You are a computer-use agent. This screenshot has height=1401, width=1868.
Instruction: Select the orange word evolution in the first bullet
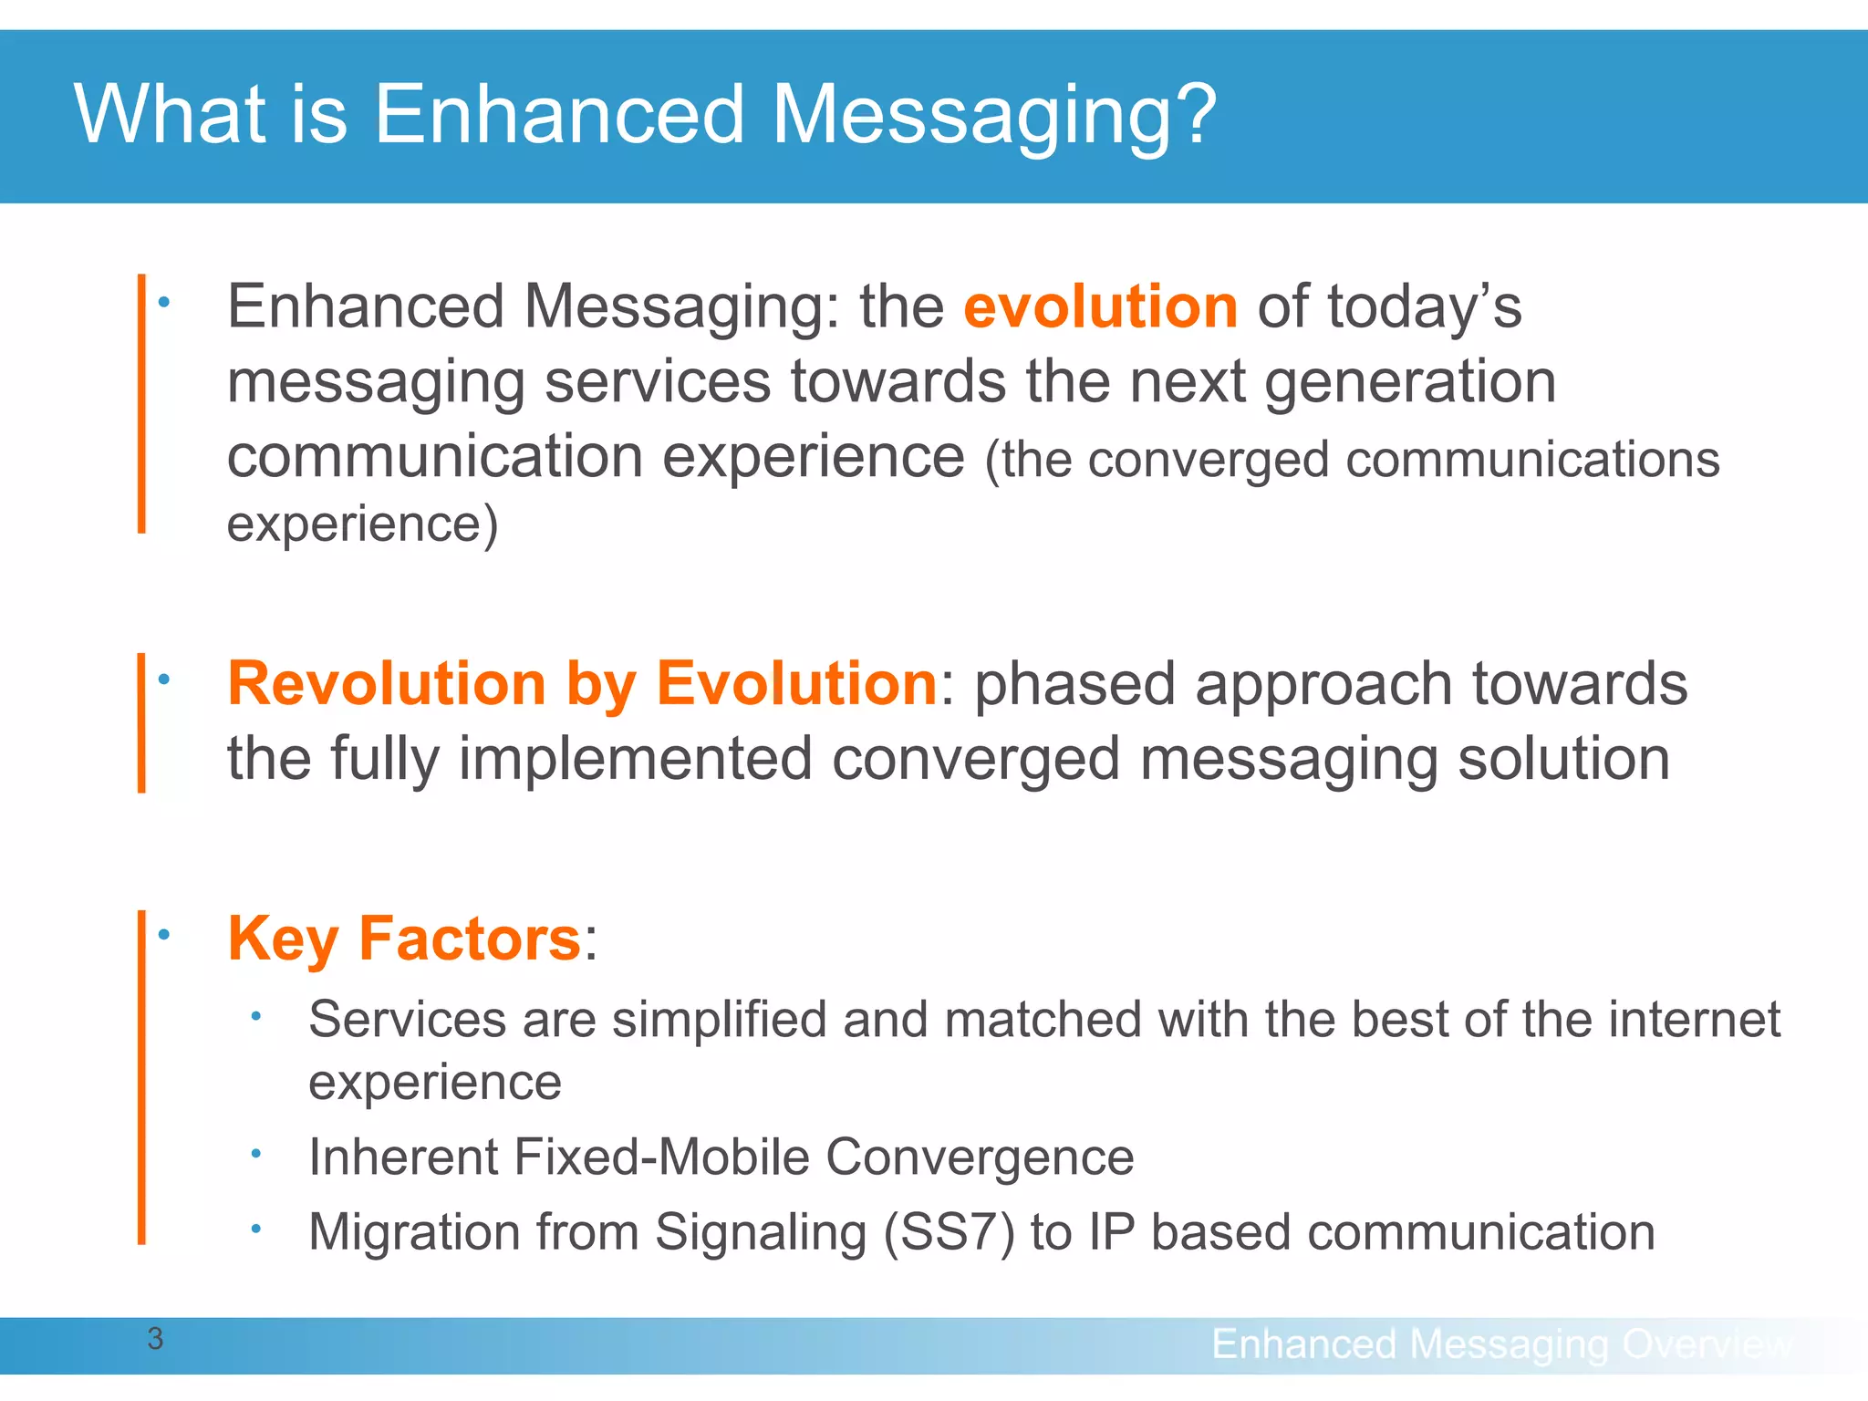click(x=1100, y=306)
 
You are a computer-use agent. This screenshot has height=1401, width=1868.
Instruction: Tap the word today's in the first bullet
click(x=1424, y=306)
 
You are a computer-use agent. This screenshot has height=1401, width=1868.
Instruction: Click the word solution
click(x=1563, y=759)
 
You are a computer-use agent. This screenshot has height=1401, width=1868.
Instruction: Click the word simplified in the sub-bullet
click(x=719, y=1019)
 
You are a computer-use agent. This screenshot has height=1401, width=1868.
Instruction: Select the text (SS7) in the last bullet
click(x=949, y=1233)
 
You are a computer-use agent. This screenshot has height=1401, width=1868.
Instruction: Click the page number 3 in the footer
click(x=155, y=1339)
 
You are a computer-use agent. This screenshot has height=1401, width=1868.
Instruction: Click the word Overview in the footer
click(x=1707, y=1344)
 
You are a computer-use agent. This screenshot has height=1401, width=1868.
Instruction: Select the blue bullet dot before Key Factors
click(x=164, y=935)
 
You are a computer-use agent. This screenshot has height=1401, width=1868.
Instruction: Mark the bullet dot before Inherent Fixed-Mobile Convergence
click(x=257, y=1154)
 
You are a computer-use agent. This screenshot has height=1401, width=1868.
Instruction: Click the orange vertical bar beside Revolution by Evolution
click(x=141, y=722)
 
